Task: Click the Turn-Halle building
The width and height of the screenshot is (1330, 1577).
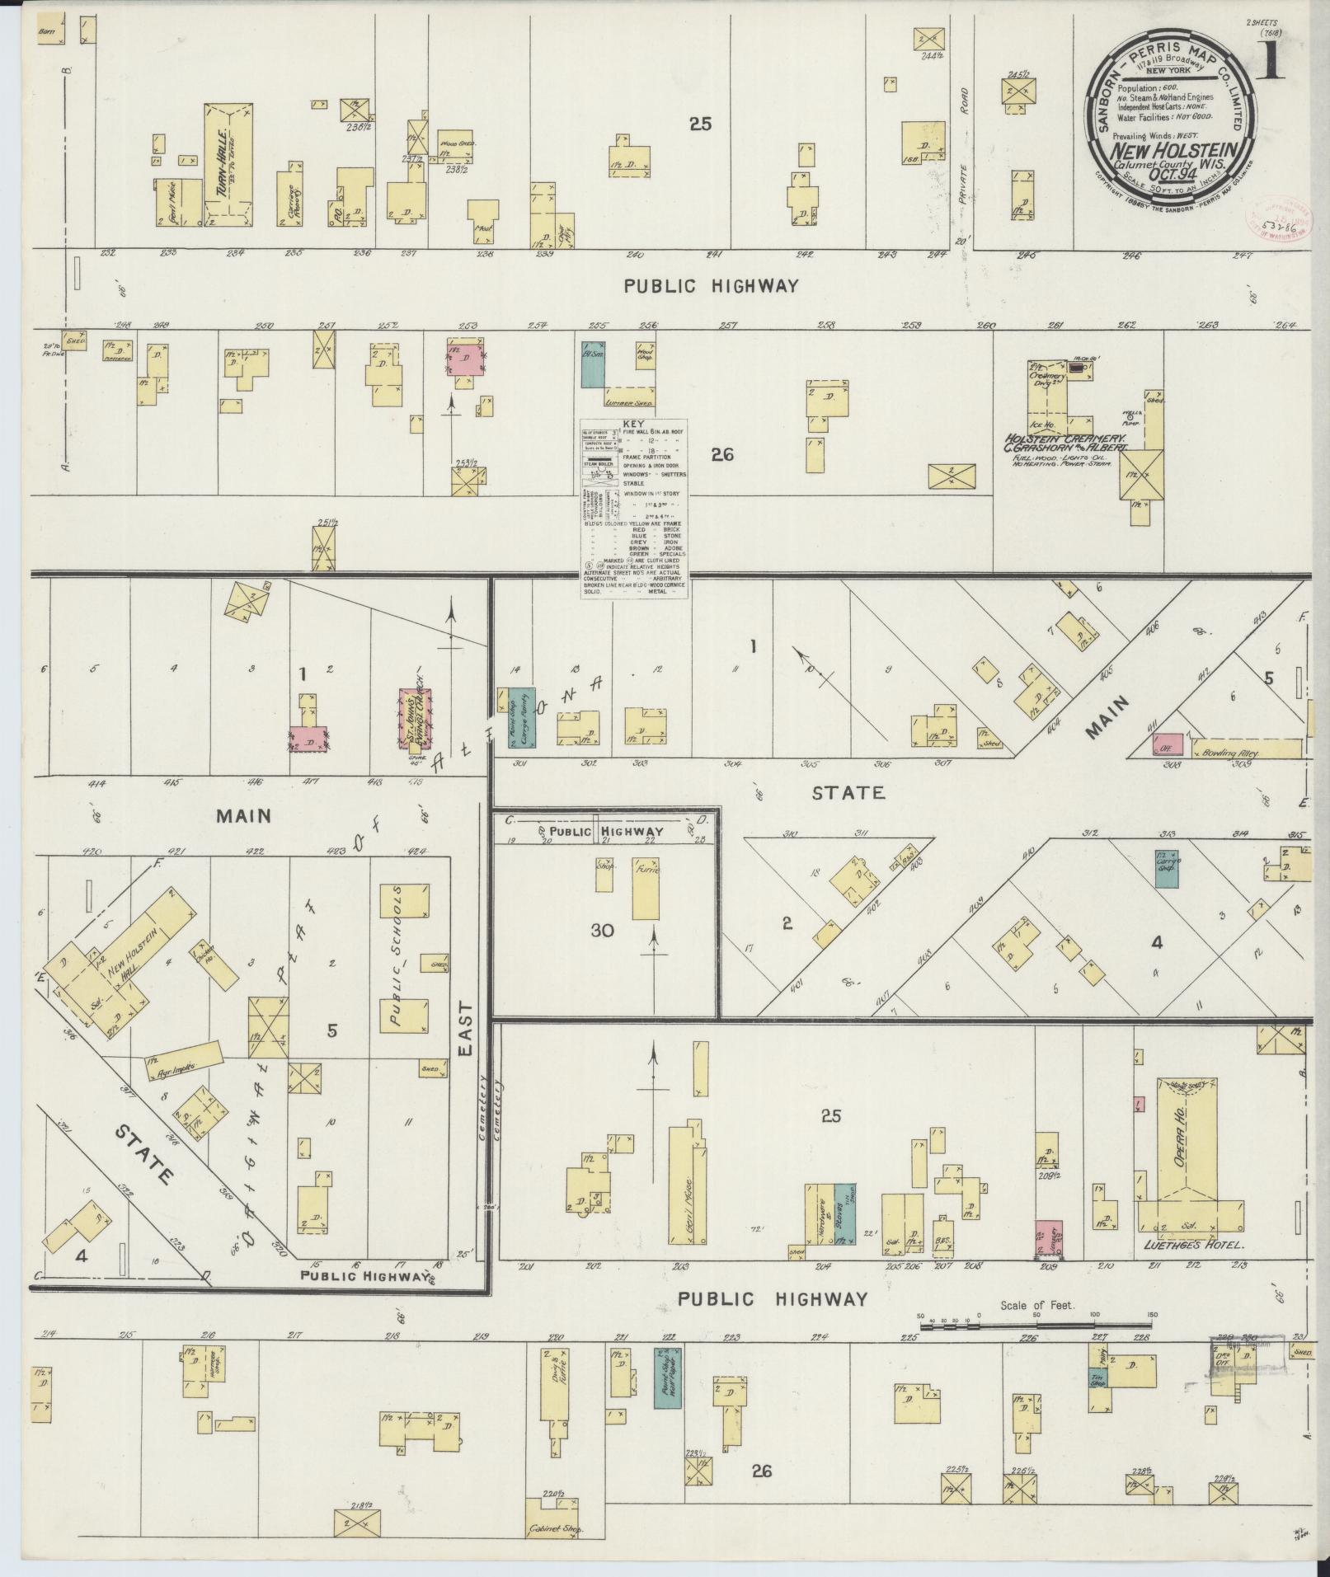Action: pos(228,165)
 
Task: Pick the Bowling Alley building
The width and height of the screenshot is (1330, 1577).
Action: pos(1245,749)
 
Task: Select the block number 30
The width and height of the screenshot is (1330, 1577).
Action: pos(602,930)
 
